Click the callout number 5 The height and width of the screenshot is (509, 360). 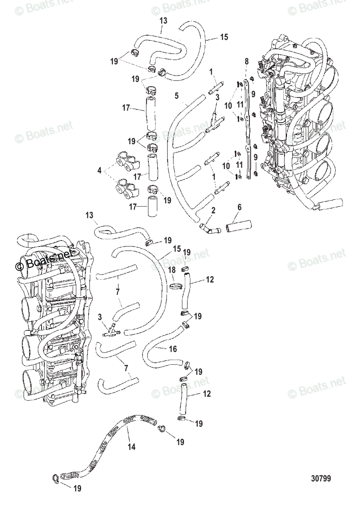tap(176, 96)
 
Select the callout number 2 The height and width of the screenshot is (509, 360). tap(213, 210)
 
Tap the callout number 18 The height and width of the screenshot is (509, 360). tap(171, 270)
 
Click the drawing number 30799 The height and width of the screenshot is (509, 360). tap(321, 479)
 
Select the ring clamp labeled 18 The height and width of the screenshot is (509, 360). tap(175, 287)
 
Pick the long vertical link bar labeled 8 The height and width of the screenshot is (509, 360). tap(248, 123)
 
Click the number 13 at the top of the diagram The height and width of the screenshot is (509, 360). tap(163, 20)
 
